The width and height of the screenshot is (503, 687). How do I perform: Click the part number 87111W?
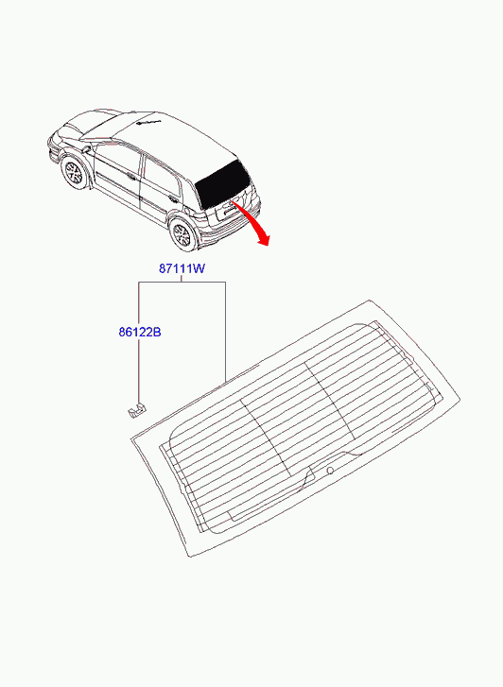point(182,268)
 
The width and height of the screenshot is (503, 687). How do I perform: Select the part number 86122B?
point(140,332)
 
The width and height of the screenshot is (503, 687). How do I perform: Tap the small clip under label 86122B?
point(137,410)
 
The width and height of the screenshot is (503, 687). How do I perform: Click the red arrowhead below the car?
point(264,239)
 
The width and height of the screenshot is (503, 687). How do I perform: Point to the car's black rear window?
point(223,184)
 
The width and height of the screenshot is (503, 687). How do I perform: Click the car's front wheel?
point(74,173)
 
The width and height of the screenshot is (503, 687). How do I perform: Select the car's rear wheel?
point(182,234)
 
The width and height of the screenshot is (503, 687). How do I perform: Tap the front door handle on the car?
point(131,177)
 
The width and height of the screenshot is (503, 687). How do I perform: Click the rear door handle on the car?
point(174,201)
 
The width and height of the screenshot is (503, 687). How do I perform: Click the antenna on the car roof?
point(148,122)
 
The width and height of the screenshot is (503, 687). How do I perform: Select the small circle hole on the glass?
point(330,471)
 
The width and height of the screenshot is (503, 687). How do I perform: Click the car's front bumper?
point(54,150)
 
